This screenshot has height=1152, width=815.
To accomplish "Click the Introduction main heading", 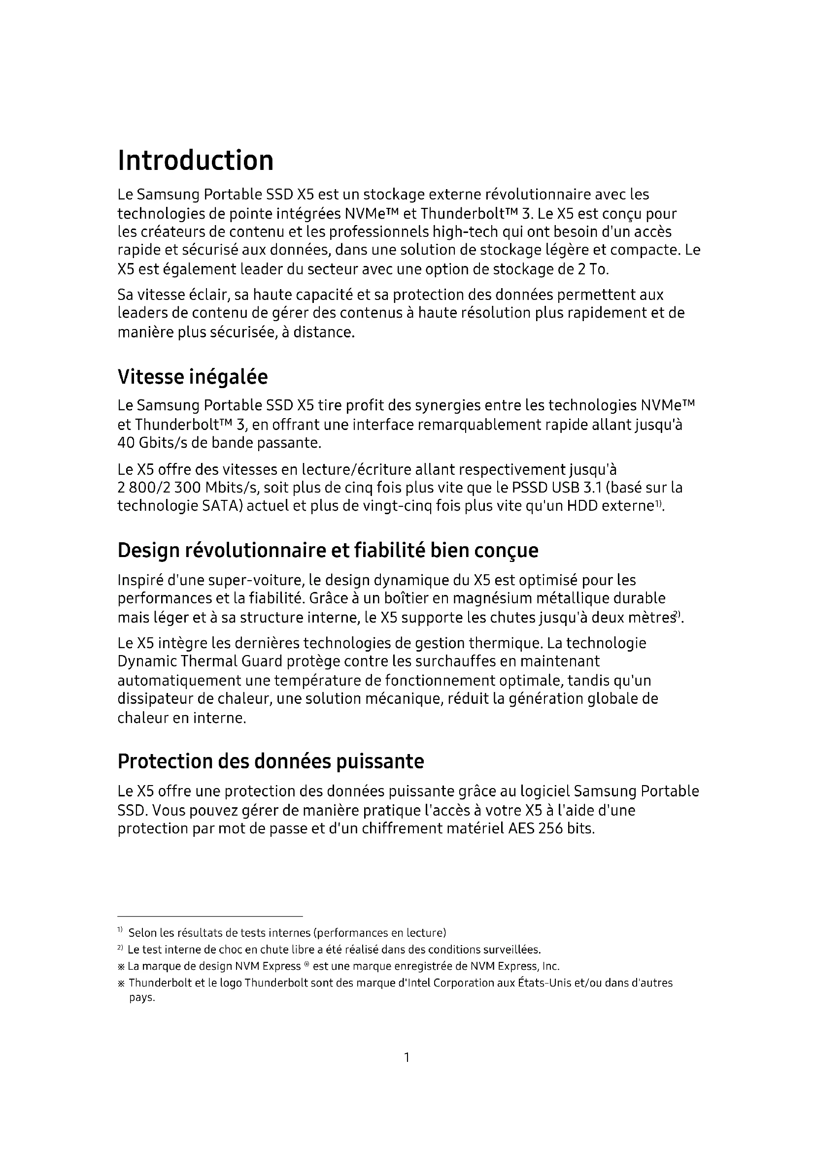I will point(196,161).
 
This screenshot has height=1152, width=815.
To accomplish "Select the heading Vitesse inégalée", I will point(192,377).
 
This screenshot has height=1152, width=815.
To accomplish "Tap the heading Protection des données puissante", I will point(271,761).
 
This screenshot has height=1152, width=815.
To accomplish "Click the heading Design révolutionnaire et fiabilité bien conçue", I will point(328,551).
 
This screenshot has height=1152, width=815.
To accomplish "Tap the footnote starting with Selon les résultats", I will point(287,933).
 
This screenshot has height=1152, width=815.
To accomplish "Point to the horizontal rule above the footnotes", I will point(210,917).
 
